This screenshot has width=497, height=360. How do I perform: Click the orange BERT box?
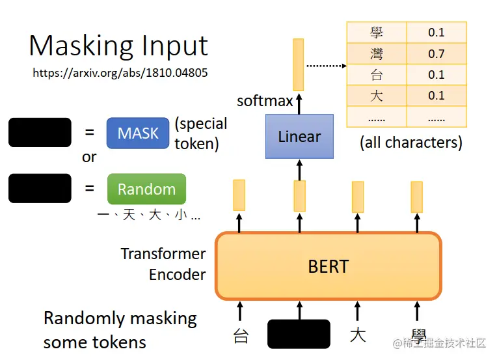[x=328, y=266]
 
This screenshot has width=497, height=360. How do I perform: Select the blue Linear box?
[x=299, y=137]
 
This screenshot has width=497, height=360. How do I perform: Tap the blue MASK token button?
[x=138, y=133]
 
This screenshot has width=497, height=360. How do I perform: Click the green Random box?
[x=146, y=189]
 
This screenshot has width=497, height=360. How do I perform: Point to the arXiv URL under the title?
[x=120, y=73]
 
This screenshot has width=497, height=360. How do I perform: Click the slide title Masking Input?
[x=118, y=46]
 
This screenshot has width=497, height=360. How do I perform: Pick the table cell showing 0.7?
[x=437, y=53]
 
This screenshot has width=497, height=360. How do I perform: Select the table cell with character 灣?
[x=377, y=53]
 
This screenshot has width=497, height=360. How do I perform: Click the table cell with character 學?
[x=377, y=33]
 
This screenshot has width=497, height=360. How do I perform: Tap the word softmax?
[x=265, y=101]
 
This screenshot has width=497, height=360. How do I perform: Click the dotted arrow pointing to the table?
[x=325, y=65]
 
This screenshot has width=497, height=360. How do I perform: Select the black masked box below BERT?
[x=299, y=334]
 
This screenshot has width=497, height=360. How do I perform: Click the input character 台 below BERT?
[x=241, y=336]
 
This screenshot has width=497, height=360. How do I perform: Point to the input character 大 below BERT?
[x=357, y=335]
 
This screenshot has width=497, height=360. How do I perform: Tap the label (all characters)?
[x=411, y=143]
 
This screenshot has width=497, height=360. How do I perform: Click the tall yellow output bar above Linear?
[x=298, y=64]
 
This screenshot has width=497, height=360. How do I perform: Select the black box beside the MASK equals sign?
[x=40, y=132]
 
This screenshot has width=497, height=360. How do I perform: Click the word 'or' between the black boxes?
[x=89, y=158]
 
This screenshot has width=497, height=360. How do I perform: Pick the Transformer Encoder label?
[x=163, y=264]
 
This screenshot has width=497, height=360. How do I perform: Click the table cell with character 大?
[x=377, y=95]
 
